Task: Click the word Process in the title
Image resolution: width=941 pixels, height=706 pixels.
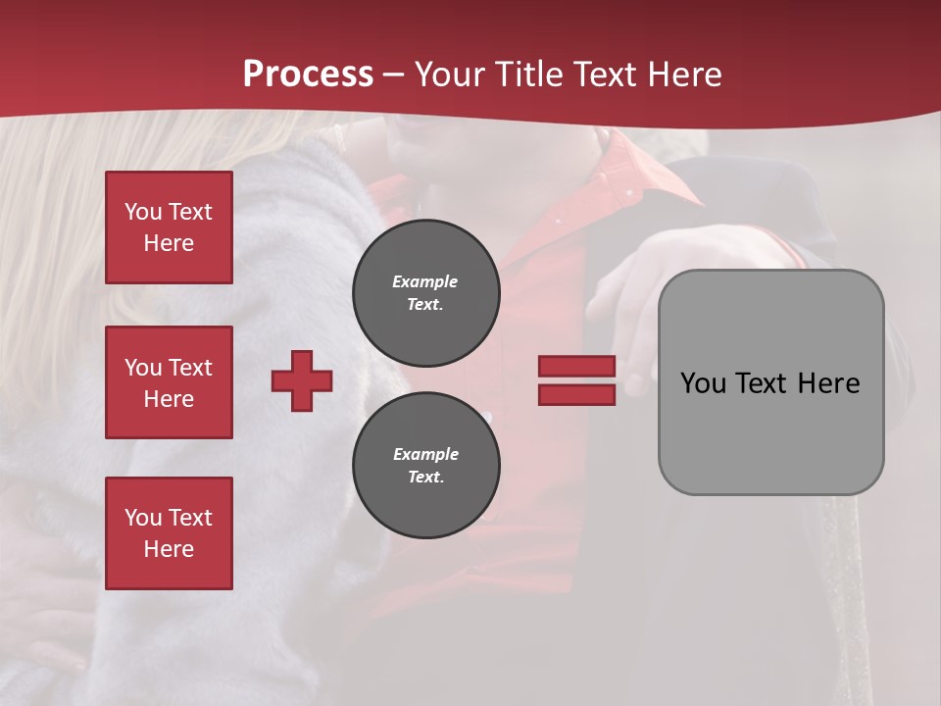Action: tap(308, 75)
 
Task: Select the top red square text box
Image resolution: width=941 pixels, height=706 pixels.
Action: tap(169, 227)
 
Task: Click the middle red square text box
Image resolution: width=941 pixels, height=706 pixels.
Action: tap(169, 382)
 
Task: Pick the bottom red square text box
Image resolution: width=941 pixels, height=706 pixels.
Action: tap(169, 533)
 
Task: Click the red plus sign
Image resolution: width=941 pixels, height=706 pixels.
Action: tap(302, 380)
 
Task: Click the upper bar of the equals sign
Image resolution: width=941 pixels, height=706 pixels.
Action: tap(577, 366)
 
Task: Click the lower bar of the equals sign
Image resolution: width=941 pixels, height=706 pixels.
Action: tap(577, 394)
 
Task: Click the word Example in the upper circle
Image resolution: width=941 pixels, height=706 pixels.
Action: tap(425, 281)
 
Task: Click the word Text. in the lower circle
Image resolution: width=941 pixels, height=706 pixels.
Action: tap(425, 478)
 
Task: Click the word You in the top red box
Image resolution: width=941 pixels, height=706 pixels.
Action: tap(142, 212)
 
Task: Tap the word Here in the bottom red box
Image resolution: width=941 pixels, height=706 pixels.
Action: tap(169, 549)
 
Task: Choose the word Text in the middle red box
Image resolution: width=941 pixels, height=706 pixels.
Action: tap(191, 368)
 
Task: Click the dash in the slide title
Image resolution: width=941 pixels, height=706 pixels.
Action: tap(393, 75)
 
